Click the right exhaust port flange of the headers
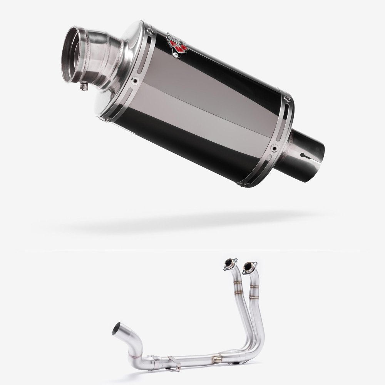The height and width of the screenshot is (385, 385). coord(250,266)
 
